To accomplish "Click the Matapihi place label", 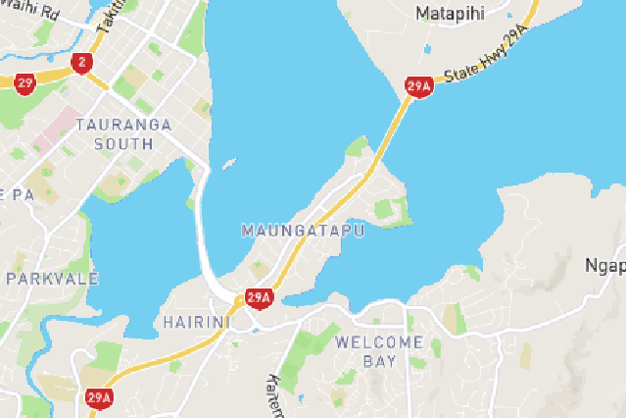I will click(452, 14).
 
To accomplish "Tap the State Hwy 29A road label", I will click(486, 60).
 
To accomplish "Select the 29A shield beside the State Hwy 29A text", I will click(418, 87).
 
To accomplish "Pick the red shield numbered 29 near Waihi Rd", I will click(24, 82).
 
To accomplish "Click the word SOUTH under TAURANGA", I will click(123, 143).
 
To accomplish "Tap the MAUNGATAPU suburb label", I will click(302, 231).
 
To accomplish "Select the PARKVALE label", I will click(52, 279).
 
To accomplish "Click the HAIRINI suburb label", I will click(196, 322).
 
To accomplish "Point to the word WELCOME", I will click(379, 342).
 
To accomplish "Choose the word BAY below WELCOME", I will click(380, 361).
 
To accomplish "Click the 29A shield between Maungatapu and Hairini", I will click(259, 297).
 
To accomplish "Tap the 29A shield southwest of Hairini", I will click(98, 397).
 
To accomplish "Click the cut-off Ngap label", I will click(604, 266).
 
